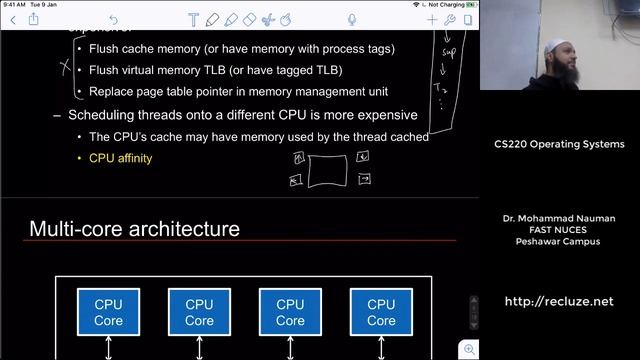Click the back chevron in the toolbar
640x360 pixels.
tap(13, 20)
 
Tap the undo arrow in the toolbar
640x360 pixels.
tap(112, 20)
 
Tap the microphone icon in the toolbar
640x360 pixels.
tap(353, 20)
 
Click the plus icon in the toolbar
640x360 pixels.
tap(432, 20)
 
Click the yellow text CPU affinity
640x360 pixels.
tap(120, 158)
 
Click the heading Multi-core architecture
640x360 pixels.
tap(134, 229)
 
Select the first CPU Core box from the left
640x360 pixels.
tap(108, 312)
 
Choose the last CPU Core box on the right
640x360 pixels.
tap(381, 312)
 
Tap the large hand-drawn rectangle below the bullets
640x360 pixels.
tap(328, 170)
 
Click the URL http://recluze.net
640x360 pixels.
tap(558, 301)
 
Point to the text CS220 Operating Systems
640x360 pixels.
tap(559, 144)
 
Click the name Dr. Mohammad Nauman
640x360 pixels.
tap(559, 217)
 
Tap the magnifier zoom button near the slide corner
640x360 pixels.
tap(469, 349)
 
